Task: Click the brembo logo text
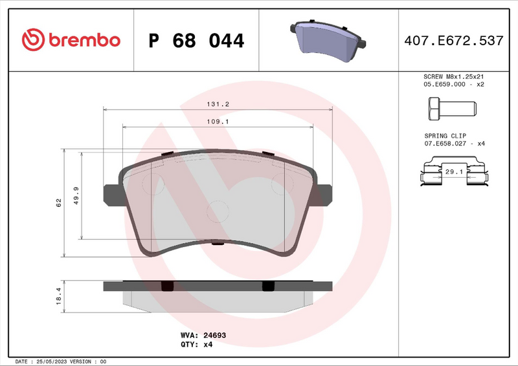click(82, 40)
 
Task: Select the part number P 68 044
click(196, 41)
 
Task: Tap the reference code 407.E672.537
click(453, 41)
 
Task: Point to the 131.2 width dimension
click(218, 103)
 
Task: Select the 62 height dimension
click(58, 202)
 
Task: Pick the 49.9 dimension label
click(76, 195)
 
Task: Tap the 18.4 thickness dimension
click(58, 296)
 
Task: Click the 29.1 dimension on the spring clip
click(453, 172)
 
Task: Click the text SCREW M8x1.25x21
click(453, 76)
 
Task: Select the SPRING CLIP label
click(444, 135)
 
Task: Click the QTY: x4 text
click(196, 345)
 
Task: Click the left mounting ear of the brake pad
click(111, 195)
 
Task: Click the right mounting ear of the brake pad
click(324, 195)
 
